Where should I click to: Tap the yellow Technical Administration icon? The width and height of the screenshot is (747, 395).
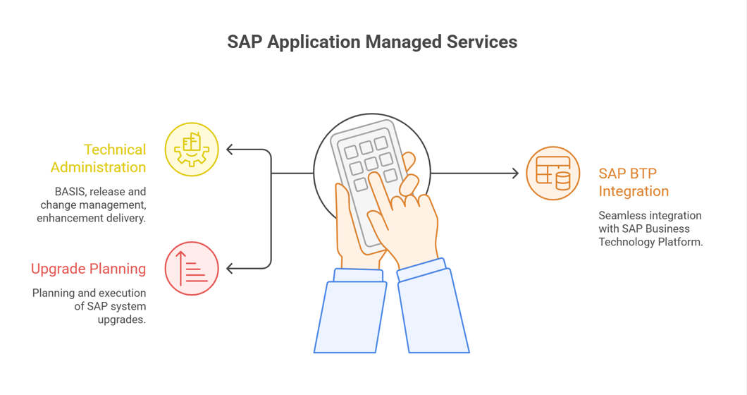(192, 150)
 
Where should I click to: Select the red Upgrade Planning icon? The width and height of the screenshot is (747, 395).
(192, 268)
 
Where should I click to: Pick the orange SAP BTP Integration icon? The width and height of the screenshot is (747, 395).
(553, 174)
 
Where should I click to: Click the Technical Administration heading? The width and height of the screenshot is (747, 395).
(99, 159)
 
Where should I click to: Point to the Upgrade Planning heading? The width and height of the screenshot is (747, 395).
(89, 269)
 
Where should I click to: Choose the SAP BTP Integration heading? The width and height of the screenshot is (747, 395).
(634, 182)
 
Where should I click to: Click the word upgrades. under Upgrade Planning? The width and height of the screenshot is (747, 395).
(122, 320)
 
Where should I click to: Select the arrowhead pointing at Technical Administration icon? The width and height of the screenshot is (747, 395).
(230, 150)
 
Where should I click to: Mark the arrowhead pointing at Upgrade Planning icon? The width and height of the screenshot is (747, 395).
(230, 268)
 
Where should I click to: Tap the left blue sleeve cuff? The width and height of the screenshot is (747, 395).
(358, 275)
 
